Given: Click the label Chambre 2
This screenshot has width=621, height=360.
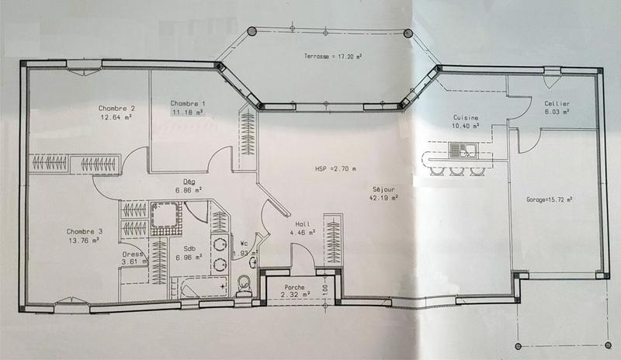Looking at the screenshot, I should (x=116, y=108).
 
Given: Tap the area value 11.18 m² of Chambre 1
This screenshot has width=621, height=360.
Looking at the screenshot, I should (x=188, y=112).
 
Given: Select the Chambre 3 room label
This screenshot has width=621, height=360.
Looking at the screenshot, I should (x=85, y=231).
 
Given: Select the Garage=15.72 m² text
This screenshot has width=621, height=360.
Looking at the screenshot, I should (x=550, y=199).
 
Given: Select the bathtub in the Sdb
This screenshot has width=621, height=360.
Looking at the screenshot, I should (x=203, y=288).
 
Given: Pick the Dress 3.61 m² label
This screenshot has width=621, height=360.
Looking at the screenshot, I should (x=136, y=258).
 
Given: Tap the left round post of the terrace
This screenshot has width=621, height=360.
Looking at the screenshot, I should (x=252, y=32).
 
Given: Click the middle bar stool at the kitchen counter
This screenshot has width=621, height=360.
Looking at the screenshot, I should (x=455, y=170).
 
